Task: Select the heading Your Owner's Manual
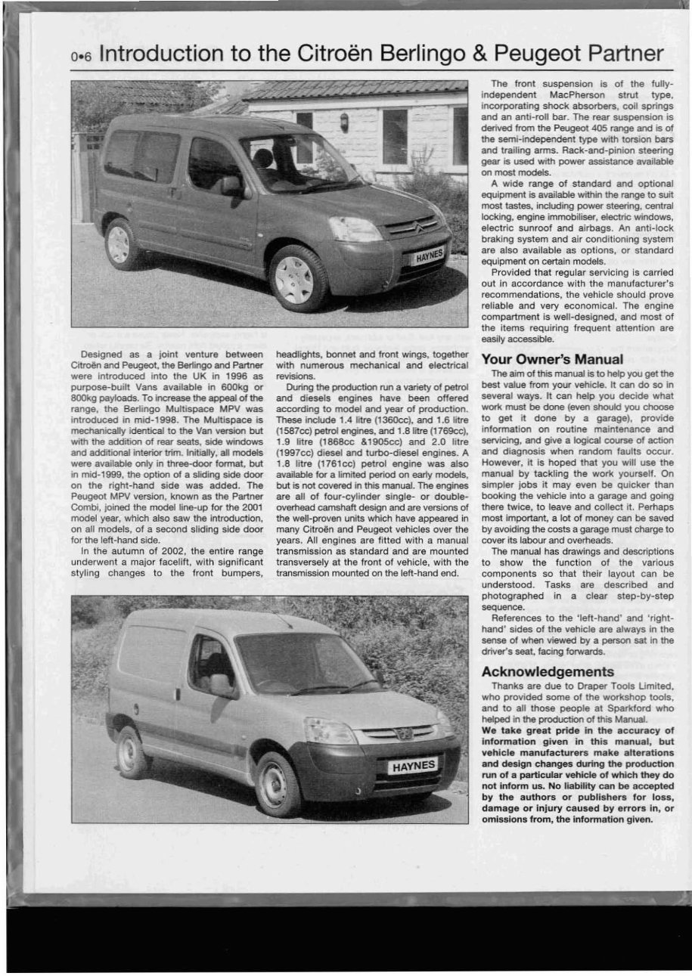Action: click(x=552, y=359)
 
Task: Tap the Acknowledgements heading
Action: click(x=548, y=671)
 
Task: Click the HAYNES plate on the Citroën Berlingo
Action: click(x=428, y=256)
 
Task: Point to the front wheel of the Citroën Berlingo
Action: click(x=296, y=278)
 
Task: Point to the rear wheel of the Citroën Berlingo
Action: click(x=119, y=243)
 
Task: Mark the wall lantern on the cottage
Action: click(x=344, y=121)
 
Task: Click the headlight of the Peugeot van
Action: click(x=328, y=730)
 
